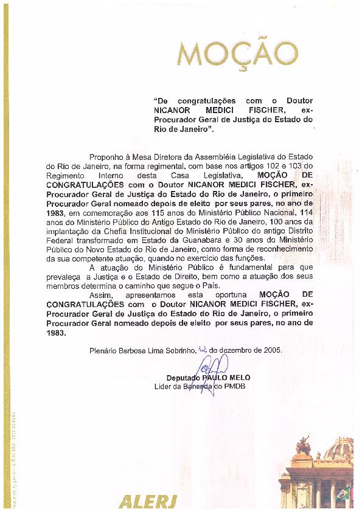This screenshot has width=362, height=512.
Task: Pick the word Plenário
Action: pyautogui.click(x=102, y=351)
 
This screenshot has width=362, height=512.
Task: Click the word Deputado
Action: pyautogui.click(x=183, y=378)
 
